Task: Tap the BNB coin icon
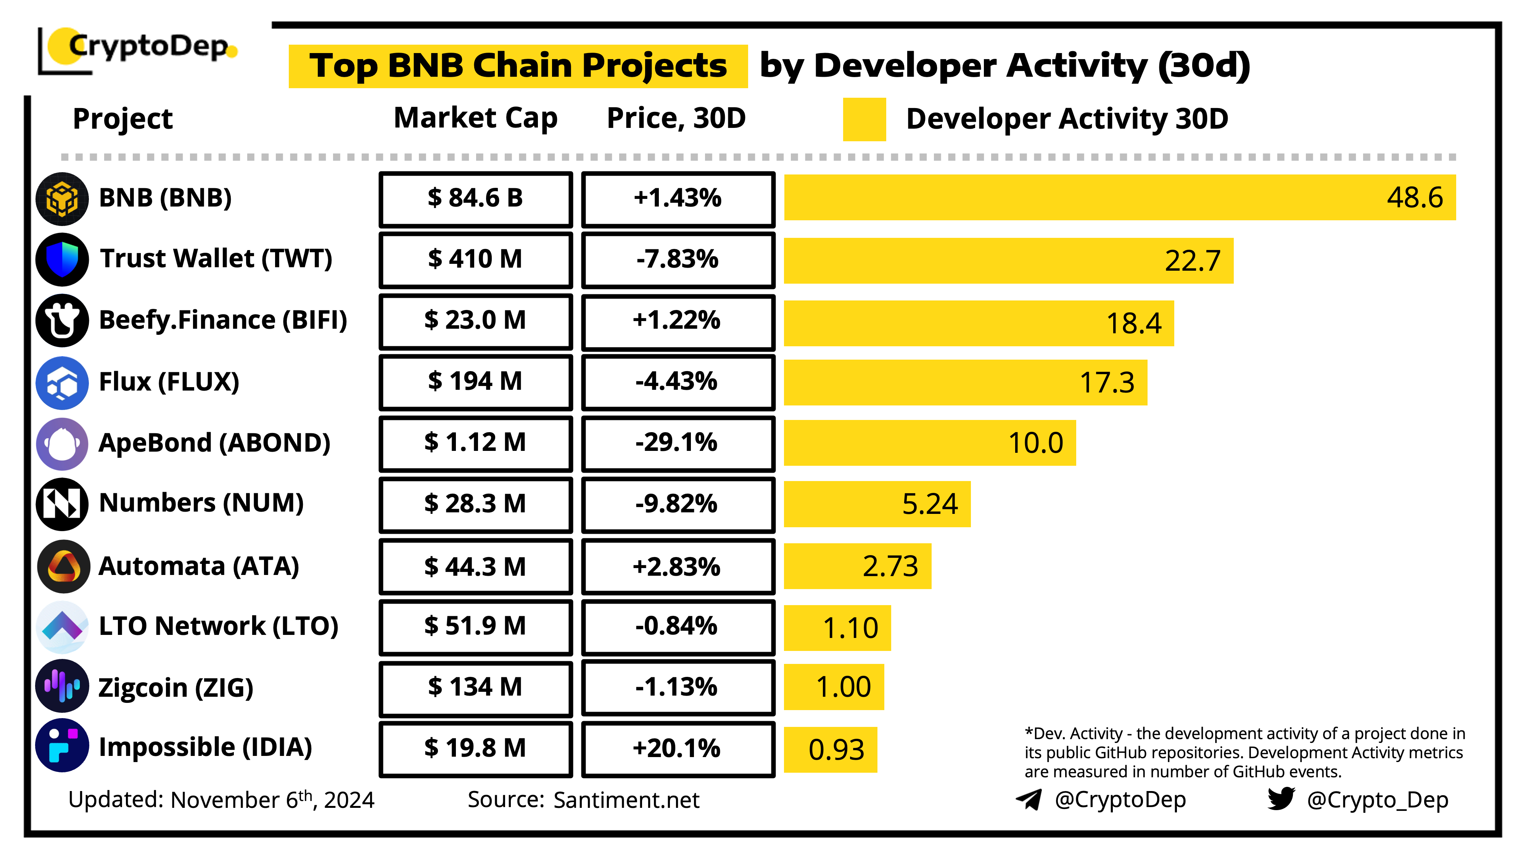(62, 199)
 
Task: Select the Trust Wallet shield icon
(62, 260)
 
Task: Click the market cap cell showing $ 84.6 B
(476, 199)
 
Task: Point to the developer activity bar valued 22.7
(1007, 261)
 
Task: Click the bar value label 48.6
(1414, 197)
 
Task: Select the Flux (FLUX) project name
(169, 382)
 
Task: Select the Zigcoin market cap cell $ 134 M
(476, 687)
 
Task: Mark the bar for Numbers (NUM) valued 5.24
(877, 504)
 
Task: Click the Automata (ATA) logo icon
(63, 566)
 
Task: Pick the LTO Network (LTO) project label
(218, 626)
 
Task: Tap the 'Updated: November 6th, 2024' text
(221, 800)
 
